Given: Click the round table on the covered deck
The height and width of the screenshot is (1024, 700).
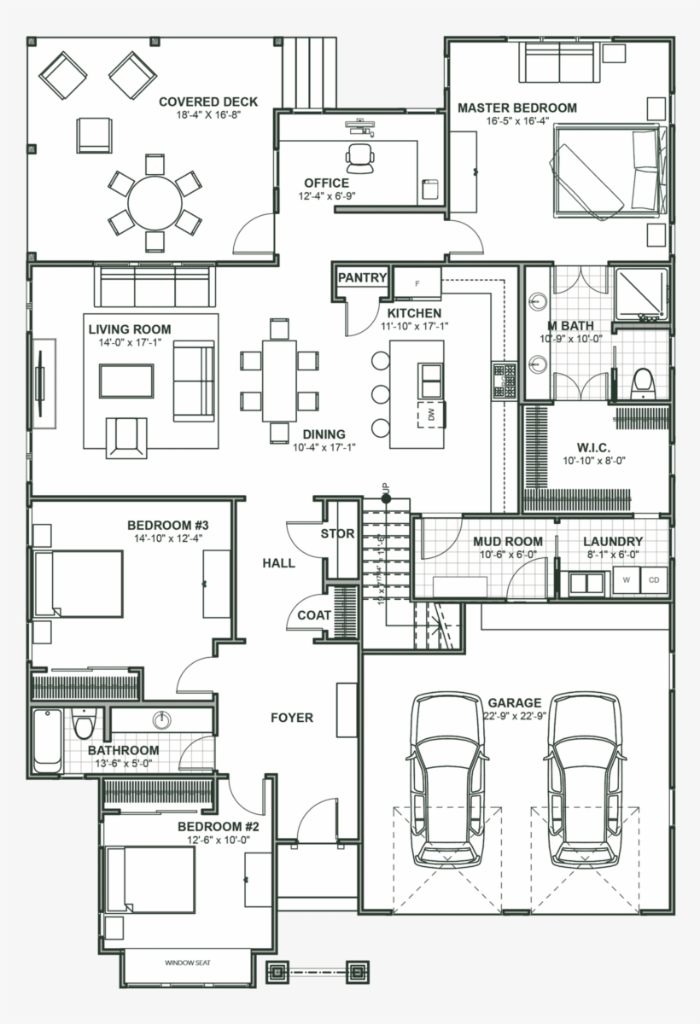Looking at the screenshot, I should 155,201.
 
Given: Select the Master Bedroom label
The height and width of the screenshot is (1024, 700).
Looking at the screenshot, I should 516,108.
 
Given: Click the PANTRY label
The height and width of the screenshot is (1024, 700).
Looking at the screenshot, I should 363,278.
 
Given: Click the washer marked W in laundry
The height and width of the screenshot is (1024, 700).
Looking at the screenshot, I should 627,580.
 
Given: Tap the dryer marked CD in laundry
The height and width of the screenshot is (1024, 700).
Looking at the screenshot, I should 654,580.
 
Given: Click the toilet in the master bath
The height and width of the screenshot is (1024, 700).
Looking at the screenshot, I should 641,384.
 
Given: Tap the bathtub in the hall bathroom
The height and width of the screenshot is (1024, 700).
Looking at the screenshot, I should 47,740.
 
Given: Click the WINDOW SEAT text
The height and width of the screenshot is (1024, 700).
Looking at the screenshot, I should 188,963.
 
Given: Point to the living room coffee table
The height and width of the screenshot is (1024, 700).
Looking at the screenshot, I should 126,381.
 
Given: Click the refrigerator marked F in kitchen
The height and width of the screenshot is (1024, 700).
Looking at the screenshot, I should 418,282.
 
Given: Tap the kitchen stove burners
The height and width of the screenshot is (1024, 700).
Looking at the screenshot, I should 504,382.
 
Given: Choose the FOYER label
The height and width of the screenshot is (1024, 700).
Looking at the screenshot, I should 292,718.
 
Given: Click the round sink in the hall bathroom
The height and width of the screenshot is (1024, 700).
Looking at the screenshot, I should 162,719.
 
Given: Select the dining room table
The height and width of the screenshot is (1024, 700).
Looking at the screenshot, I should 279,381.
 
